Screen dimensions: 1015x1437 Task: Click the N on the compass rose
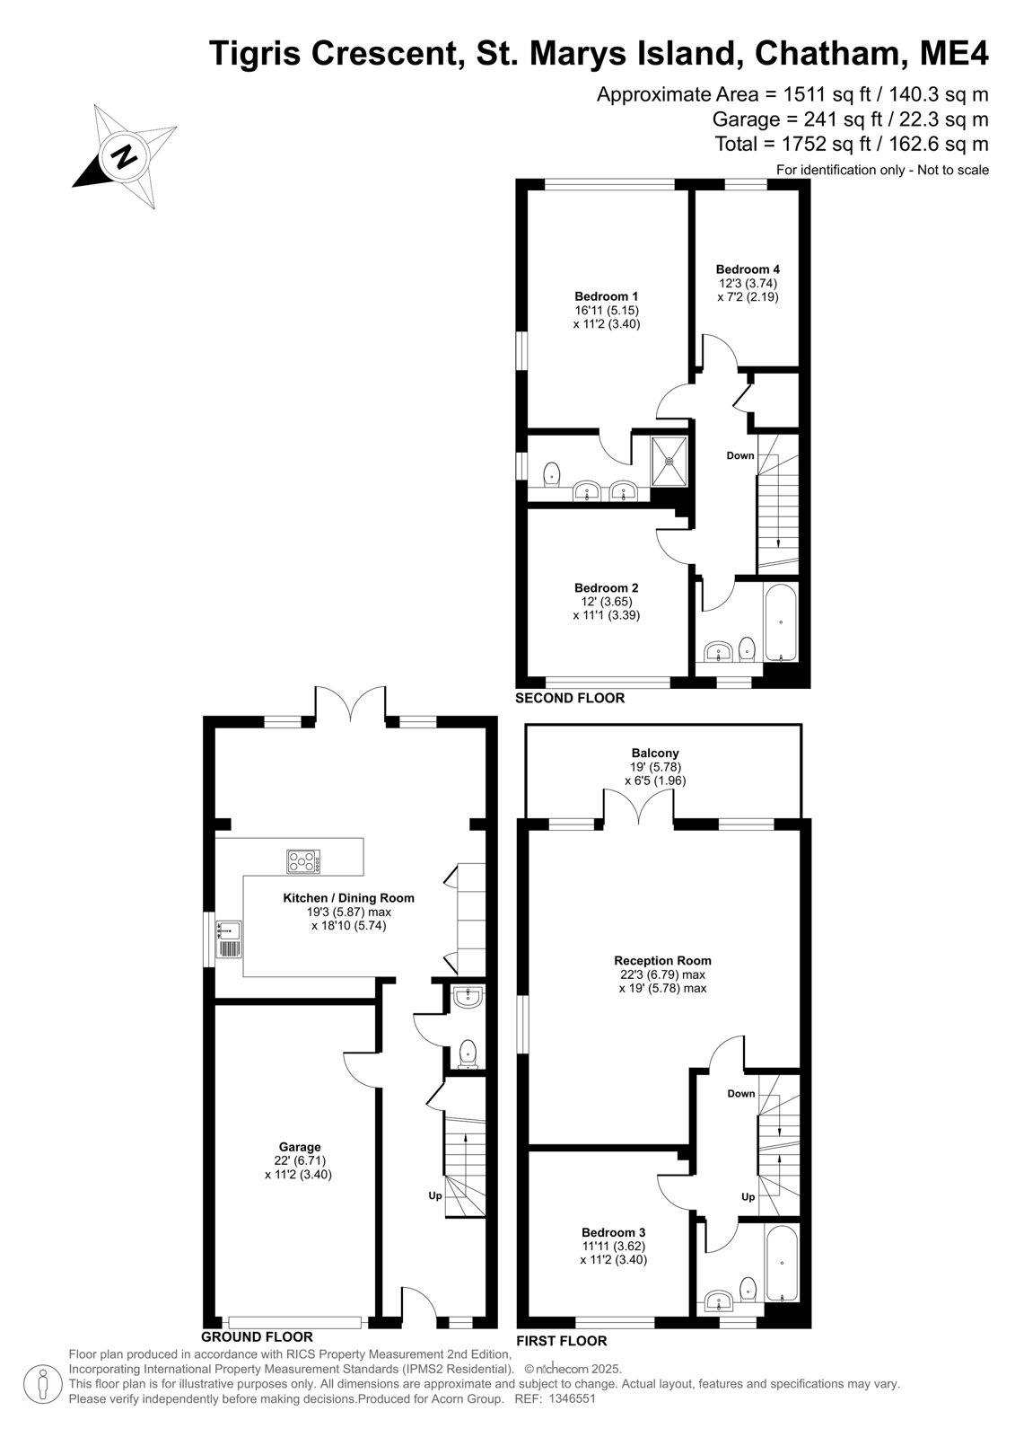[x=125, y=155]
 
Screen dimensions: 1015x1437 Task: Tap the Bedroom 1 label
[x=606, y=296]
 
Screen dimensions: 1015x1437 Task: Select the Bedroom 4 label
[x=748, y=269]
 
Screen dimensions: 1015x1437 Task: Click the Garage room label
[x=300, y=1146]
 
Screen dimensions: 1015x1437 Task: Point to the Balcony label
[x=654, y=753]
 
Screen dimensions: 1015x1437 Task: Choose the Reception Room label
[x=662, y=960]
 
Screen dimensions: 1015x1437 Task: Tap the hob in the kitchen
[x=303, y=861]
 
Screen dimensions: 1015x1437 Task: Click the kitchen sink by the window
[x=228, y=939]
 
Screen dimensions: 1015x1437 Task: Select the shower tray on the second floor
[x=669, y=461]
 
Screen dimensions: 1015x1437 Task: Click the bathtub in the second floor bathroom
[x=781, y=622]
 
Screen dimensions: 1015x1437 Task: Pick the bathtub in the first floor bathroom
[x=782, y=1263]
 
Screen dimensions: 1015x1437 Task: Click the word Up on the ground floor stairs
[x=435, y=1195]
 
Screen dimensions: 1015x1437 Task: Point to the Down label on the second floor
[x=739, y=455]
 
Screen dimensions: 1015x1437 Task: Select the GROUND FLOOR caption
[x=257, y=1336]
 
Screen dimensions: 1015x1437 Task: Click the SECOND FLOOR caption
[x=569, y=697]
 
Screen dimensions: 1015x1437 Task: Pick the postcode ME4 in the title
[x=954, y=53]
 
